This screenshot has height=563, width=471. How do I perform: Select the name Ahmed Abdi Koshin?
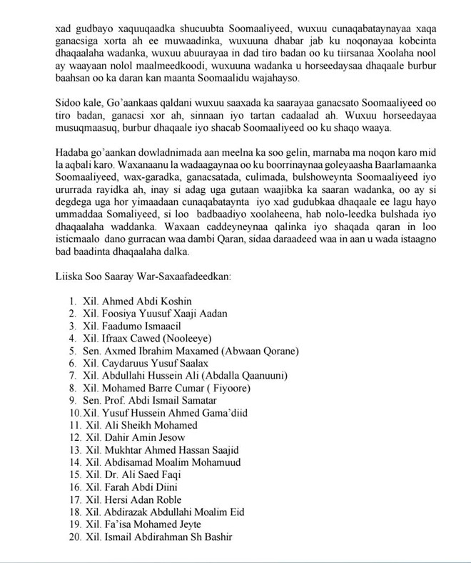pos(143,302)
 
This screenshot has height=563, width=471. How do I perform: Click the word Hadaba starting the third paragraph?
pos(74,153)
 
